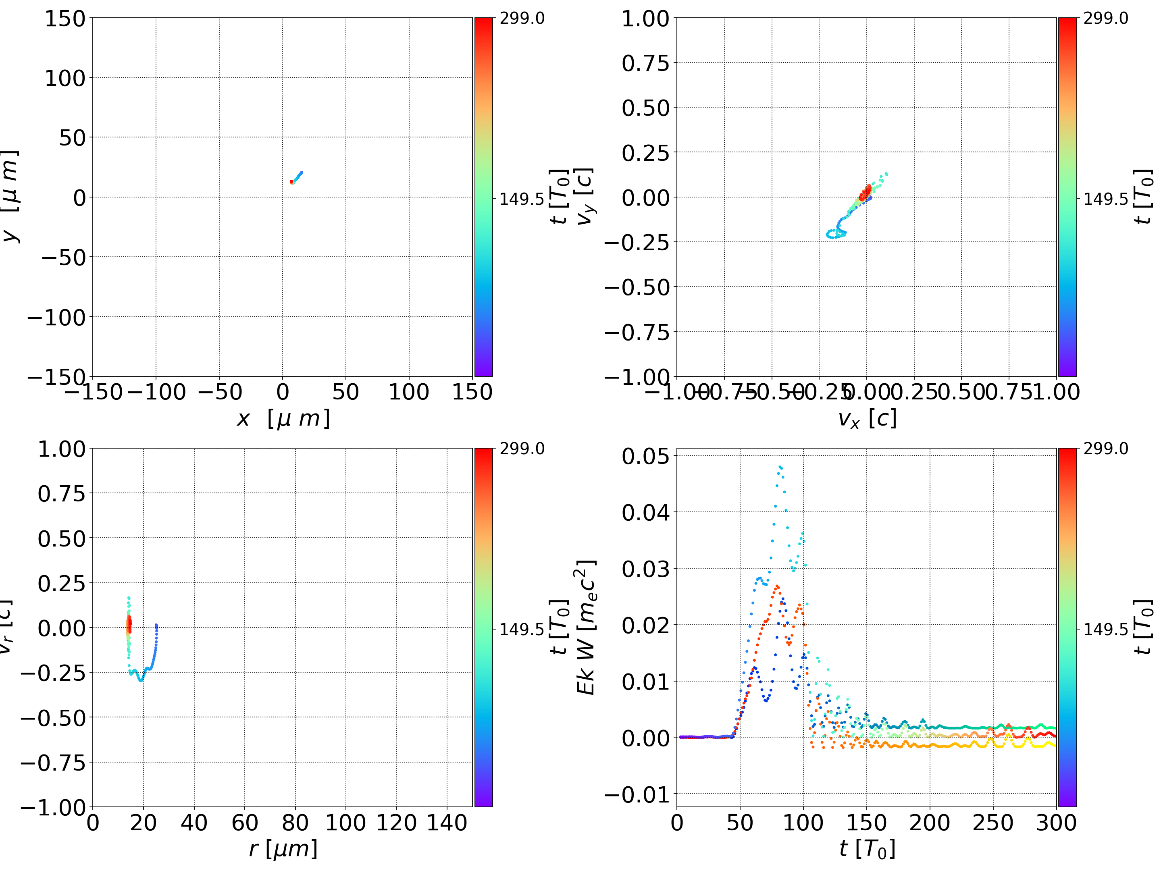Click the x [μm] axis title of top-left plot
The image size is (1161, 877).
[x=283, y=419]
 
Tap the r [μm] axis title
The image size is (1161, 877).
[x=283, y=849]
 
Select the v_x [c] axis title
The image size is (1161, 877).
[x=867, y=419]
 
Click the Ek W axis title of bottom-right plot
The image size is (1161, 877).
[x=586, y=627]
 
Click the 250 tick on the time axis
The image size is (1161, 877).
[x=993, y=823]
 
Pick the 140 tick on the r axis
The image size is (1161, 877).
[x=447, y=823]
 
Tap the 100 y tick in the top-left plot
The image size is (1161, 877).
[x=64, y=78]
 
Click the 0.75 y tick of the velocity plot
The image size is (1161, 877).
[x=645, y=64]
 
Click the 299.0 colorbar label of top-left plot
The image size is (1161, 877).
[x=522, y=19]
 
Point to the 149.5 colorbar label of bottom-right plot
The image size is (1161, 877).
[x=1105, y=629]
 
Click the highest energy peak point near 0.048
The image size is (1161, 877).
[x=780, y=467]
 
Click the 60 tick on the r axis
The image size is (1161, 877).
[x=245, y=823]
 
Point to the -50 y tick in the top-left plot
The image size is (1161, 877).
[x=63, y=258]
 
